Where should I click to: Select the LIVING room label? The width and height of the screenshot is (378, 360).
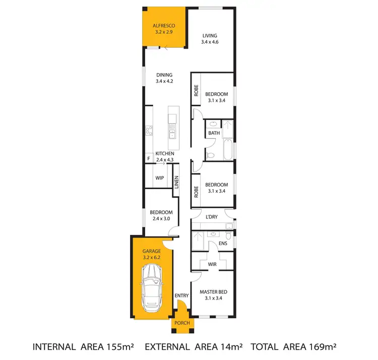click(209, 36)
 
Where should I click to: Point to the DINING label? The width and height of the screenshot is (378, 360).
click(164, 75)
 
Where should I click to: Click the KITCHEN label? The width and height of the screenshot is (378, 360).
click(164, 153)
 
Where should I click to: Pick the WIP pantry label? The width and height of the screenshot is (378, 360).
click(159, 178)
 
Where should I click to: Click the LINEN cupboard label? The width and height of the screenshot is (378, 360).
click(176, 183)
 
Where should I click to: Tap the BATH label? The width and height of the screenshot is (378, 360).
click(214, 133)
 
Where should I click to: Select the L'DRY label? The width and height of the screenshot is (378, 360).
click(211, 217)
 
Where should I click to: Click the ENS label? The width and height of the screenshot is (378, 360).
click(223, 244)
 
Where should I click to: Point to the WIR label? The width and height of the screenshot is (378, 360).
click(212, 263)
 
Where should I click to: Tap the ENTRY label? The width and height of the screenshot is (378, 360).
click(181, 295)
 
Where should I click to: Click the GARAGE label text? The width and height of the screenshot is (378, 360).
click(151, 251)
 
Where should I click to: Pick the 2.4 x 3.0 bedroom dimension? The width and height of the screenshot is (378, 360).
click(161, 219)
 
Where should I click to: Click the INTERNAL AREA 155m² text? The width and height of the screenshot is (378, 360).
click(83, 347)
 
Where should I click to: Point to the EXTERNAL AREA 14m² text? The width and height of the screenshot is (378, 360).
click(194, 347)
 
